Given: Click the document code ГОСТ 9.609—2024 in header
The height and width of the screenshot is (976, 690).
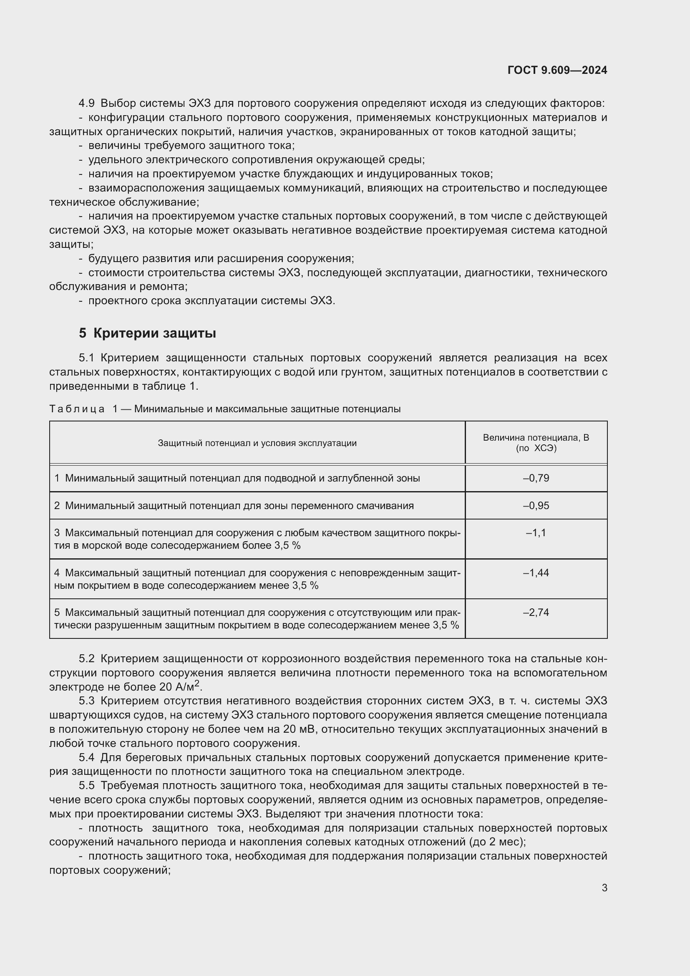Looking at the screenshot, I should point(557,70).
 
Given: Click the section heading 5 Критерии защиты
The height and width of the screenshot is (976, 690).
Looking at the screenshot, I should point(147,333).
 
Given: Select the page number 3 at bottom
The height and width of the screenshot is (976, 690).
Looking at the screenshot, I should point(604,888).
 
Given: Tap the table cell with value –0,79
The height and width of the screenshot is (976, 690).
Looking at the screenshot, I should point(536,478).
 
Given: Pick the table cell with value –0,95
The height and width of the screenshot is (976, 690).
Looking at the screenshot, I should point(536,506).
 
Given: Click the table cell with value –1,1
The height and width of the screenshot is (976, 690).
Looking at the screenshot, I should point(536,533).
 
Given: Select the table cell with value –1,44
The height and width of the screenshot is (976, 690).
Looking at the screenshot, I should point(536,572).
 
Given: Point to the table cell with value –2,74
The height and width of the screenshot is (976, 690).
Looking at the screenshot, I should point(536,613).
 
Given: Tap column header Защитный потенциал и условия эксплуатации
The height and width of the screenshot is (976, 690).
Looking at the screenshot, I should point(257,443).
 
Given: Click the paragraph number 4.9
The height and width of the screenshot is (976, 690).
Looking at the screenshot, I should point(87,103).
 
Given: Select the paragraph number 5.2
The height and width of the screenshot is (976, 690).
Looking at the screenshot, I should point(87,658).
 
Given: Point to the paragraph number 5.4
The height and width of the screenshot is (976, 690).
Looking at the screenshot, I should point(87,757).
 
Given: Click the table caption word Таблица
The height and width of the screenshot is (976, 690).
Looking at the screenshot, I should point(77,409).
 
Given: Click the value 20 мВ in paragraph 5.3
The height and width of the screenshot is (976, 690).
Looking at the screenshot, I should point(300,729).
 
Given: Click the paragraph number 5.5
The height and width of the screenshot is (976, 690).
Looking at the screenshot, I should point(87,786).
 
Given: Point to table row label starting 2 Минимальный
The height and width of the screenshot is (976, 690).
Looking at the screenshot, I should point(234,506).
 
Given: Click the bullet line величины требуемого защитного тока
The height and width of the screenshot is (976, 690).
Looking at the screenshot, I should point(191,145).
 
